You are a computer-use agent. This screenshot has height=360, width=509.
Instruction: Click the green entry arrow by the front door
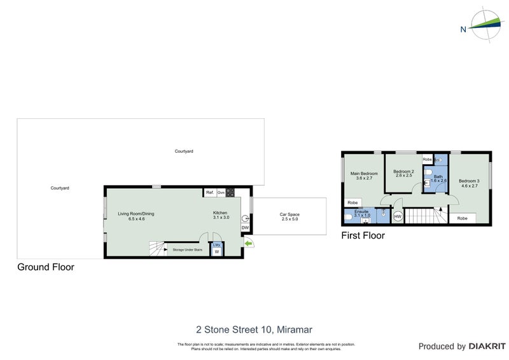click(x=248, y=243)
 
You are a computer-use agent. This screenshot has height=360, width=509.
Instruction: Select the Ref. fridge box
click(x=209, y=192)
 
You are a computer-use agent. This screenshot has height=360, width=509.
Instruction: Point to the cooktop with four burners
click(x=230, y=192)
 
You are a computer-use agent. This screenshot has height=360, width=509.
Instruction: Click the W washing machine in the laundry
click(x=216, y=252)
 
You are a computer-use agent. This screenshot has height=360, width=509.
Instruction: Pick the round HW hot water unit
click(x=398, y=217)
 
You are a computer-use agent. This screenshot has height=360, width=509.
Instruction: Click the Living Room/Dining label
click(x=136, y=216)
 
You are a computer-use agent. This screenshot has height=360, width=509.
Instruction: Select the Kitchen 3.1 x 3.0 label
click(x=221, y=216)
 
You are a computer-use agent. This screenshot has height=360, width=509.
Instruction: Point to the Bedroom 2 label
click(x=403, y=174)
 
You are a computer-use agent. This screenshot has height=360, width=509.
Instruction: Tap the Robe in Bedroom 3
click(x=463, y=218)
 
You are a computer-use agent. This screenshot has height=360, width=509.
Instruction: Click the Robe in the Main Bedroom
click(x=352, y=203)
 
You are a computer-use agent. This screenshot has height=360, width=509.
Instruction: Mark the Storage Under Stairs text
click(x=187, y=250)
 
